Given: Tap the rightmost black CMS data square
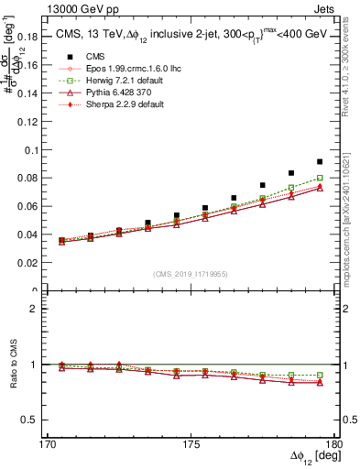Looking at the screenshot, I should [320, 161].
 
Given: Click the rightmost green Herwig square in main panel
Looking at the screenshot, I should [320, 179].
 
